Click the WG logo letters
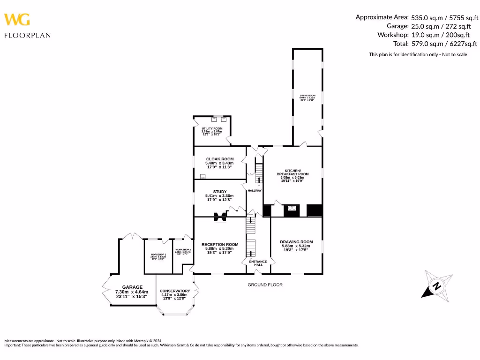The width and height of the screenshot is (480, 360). click(17, 20)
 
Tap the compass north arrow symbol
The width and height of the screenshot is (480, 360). click(436, 285)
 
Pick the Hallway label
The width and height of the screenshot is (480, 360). click(255, 190)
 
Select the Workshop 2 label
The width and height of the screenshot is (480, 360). click(182, 251)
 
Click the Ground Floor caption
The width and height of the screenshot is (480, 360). click(265, 285)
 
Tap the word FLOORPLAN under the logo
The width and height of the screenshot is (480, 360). click(27, 35)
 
